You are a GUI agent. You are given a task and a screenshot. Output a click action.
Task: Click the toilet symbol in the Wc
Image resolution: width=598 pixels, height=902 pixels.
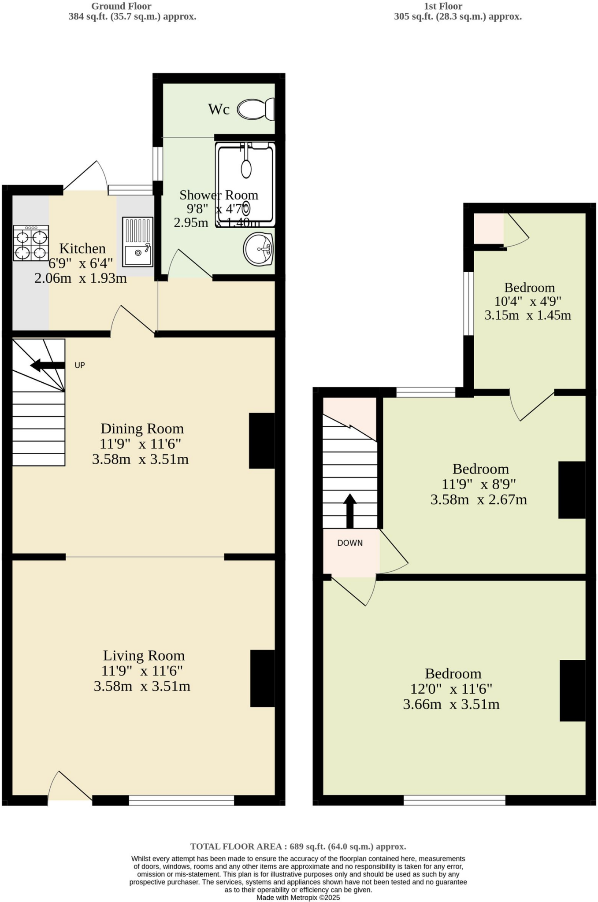(256, 109)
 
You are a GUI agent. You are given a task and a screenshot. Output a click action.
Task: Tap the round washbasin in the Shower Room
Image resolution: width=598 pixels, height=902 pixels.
(259, 249)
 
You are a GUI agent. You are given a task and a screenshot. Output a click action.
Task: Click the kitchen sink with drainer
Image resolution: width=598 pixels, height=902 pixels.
(137, 242)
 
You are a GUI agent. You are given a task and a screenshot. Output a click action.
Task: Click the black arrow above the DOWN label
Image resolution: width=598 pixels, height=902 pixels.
(350, 510)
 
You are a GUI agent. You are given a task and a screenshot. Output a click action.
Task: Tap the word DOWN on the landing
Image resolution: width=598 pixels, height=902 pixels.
(350, 543)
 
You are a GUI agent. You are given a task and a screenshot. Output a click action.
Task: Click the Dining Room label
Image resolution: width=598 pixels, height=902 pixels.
(142, 429)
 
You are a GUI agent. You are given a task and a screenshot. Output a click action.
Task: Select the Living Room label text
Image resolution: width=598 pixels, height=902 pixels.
(144, 655)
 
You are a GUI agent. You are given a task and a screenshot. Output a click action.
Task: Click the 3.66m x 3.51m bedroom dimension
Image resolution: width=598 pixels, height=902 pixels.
(451, 704)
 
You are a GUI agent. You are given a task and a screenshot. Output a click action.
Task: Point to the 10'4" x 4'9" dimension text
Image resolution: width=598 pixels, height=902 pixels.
(527, 302)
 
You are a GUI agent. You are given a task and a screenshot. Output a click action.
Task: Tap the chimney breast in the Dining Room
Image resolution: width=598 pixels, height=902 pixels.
(262, 440)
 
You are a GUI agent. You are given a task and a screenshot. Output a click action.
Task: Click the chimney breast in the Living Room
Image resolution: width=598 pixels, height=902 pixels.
(263, 678)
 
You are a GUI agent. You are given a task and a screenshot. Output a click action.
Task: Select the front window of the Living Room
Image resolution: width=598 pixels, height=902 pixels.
(181, 800)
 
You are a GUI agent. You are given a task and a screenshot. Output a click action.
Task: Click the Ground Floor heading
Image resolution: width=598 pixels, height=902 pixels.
(121, 6)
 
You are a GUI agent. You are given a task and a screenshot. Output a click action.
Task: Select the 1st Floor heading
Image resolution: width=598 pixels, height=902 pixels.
(443, 6)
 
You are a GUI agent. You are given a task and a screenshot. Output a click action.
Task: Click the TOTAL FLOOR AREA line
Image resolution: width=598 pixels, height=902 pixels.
(298, 847)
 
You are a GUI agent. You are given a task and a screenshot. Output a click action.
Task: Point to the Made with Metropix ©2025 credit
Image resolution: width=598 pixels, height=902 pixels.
(298, 898)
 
